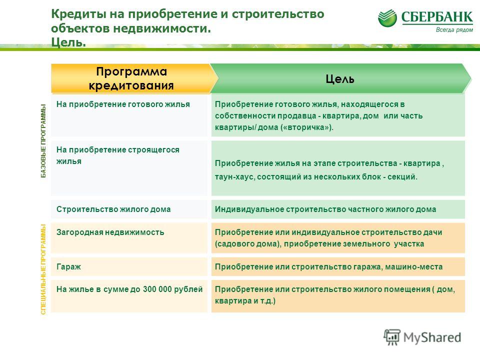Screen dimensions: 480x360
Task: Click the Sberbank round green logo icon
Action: [x=387, y=18]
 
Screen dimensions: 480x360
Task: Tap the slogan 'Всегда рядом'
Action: [x=454, y=29]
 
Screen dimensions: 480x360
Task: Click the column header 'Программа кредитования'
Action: [x=131, y=78]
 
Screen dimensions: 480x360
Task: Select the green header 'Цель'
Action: [x=340, y=78]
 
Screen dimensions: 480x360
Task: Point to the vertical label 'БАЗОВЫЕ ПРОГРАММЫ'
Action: [x=43, y=141]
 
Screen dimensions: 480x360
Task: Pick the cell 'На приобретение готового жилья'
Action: [x=123, y=104]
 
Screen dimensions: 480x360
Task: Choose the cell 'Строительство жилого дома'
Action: [x=113, y=209]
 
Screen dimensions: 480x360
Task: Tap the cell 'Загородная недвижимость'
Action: [x=110, y=232]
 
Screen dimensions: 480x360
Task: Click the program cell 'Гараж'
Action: [x=68, y=266]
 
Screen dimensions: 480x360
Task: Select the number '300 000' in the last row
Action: [x=157, y=289]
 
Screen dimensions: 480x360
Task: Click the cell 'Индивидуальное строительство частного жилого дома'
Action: [x=325, y=209]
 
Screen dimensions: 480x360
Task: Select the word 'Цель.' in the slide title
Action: [x=68, y=42]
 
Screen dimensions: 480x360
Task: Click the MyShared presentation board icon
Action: [x=392, y=337]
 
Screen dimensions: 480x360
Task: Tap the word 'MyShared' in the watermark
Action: [x=432, y=337]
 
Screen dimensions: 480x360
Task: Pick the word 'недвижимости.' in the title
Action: [x=162, y=28]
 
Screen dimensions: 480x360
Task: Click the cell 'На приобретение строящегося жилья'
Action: [x=118, y=155]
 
